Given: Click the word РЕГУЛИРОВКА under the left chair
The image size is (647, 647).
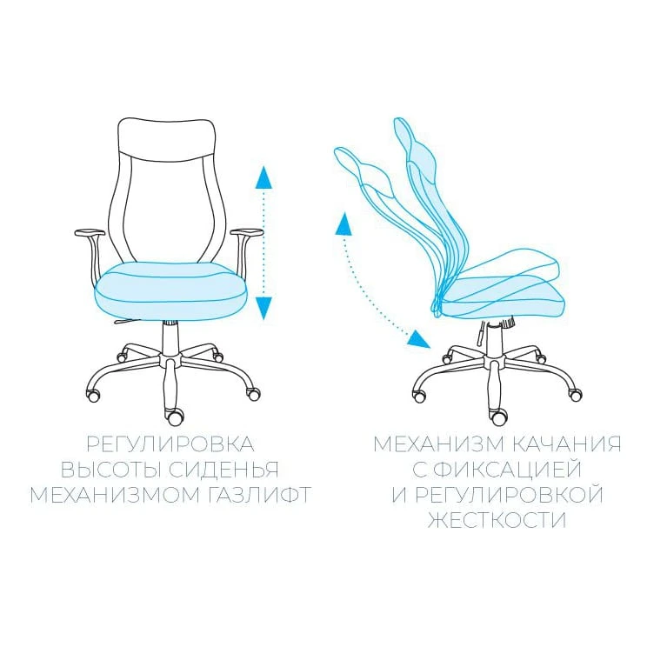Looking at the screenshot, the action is coord(170,444).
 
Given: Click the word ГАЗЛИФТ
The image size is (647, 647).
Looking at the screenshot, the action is coord(258,495).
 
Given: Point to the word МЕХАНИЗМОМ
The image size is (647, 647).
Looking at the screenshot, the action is coord(115,495).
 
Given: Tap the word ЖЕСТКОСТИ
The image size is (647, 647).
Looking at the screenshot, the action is coord(497,520).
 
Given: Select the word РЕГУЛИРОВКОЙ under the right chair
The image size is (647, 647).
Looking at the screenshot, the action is coord(509,495).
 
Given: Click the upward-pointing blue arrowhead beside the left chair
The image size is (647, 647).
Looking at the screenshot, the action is coord(263,177).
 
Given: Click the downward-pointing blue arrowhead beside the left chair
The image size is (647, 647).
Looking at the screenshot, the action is coord(263,308).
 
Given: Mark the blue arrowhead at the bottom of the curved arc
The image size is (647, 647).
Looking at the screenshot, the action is coord(419,339).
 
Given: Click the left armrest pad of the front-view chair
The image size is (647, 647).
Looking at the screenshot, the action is coord(90,232).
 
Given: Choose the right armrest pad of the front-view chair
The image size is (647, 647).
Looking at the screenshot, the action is coord(246,232).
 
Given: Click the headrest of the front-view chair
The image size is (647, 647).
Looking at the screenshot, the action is coord(167,137).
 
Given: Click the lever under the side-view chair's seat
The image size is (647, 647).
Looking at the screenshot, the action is coord(481,334).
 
